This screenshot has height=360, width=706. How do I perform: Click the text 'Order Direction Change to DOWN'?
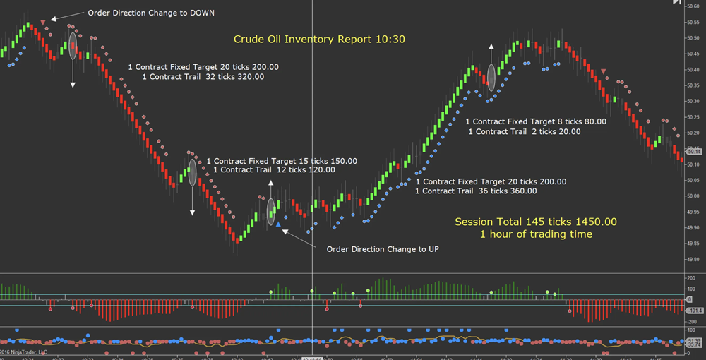(x=151, y=13)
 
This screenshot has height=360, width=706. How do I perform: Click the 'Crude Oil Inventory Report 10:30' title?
(x=320, y=39)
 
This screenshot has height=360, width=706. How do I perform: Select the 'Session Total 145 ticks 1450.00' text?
(x=535, y=222)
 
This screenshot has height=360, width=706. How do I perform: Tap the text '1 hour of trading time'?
(x=536, y=234)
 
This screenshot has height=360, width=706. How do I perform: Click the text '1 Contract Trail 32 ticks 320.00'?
(x=203, y=77)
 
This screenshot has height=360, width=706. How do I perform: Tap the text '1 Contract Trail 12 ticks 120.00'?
(x=273, y=170)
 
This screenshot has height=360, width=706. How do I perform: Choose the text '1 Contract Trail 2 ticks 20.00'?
(x=525, y=131)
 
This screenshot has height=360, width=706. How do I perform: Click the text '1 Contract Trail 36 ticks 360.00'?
(x=476, y=191)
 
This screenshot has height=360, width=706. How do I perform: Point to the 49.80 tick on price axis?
(x=693, y=260)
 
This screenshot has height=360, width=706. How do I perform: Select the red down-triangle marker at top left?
(x=44, y=23)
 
